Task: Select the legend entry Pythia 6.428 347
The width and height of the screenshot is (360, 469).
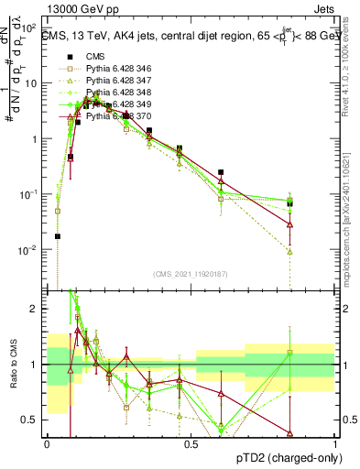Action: tap(110, 81)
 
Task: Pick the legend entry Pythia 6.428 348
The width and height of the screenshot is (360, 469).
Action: tap(110, 93)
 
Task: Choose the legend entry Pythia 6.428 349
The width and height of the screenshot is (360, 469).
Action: tap(110, 104)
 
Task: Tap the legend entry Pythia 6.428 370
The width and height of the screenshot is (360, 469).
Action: tap(110, 115)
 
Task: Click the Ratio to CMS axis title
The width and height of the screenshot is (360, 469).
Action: tap(12, 365)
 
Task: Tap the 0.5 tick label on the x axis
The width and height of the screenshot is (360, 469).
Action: tap(191, 444)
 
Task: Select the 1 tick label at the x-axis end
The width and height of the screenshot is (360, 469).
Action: tap(335, 444)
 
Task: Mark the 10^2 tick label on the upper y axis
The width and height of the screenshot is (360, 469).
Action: tap(29, 27)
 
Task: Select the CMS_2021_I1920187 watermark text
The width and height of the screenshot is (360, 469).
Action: tap(190, 273)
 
